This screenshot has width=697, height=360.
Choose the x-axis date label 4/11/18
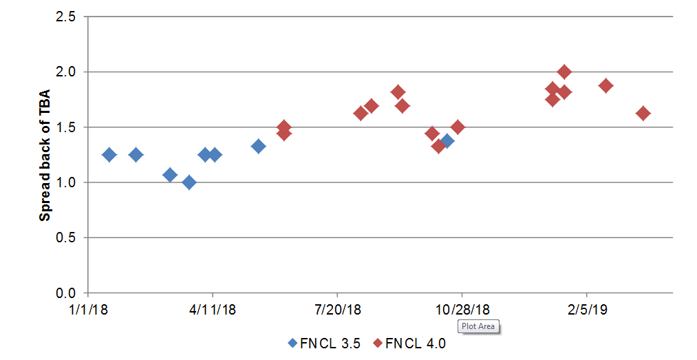click(212, 310)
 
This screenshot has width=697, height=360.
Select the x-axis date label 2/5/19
click(586, 310)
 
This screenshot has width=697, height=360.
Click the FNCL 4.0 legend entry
click(409, 343)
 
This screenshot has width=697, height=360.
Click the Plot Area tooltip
click(478, 326)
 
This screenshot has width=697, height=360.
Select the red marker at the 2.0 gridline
click(564, 72)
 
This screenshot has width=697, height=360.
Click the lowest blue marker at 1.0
click(189, 182)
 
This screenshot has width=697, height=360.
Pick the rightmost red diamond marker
click(643, 114)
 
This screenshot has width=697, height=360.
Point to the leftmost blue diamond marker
click(109, 155)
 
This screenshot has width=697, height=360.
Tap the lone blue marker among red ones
click(447, 141)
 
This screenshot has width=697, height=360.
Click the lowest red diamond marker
click(438, 146)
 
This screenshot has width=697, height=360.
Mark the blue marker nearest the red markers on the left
click(258, 146)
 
